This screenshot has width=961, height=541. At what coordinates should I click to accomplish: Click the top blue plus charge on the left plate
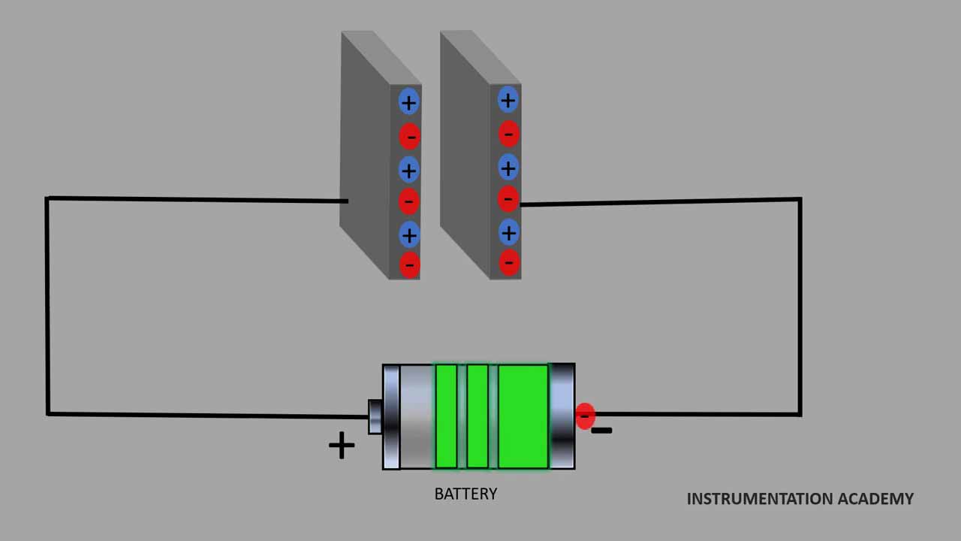[408, 102]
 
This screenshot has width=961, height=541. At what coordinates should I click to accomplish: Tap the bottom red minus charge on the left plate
[409, 264]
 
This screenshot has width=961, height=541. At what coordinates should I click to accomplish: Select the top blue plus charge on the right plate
[508, 100]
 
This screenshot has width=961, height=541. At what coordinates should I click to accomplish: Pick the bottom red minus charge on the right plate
[509, 262]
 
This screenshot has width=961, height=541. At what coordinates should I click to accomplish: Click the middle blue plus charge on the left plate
[408, 171]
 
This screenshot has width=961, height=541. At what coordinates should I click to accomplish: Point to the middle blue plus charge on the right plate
[508, 167]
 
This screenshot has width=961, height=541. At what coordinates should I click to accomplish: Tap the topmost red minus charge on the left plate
[409, 136]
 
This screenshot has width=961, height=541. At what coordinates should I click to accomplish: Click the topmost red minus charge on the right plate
[508, 134]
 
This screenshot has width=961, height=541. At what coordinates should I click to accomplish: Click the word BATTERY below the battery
[465, 494]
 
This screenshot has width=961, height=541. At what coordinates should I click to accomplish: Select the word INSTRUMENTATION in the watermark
[759, 499]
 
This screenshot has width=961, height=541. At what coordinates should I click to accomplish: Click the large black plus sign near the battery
[342, 446]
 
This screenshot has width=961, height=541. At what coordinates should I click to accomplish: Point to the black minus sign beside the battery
[602, 431]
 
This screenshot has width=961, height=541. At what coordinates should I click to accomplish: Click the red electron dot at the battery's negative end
[585, 416]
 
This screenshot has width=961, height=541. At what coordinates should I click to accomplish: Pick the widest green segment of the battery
[523, 416]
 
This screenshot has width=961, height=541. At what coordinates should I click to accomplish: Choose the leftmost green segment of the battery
[446, 416]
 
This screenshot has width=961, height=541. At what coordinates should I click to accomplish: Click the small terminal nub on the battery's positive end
[375, 417]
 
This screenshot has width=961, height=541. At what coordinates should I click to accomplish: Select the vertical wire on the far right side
[800, 307]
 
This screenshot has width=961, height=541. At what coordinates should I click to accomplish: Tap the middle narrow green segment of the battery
[477, 416]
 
